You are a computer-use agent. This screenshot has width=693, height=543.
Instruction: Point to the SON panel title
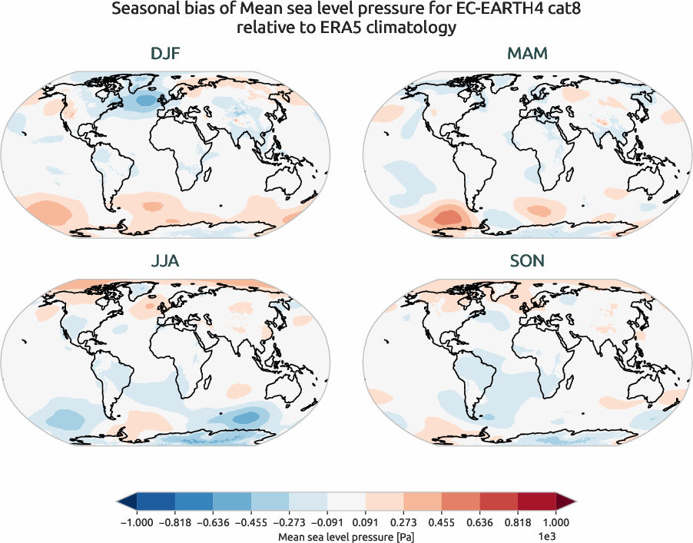(527, 261)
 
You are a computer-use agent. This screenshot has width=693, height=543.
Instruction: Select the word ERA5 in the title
(350, 28)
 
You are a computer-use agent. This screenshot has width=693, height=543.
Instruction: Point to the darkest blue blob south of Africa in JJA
(247, 417)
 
